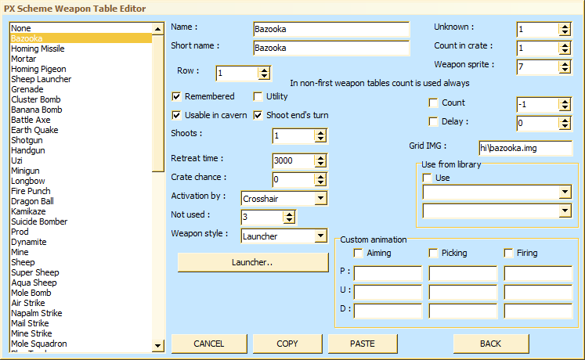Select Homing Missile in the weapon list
[38, 49]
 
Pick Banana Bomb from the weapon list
[37, 110]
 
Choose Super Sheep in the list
[35, 273]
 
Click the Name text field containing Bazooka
[331, 29]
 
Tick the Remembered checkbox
[176, 96]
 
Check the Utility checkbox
[258, 96]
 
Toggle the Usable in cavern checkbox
[176, 115]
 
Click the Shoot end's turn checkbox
[258, 115]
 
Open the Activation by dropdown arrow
[320, 198]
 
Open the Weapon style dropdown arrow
[320, 236]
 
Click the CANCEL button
[209, 344]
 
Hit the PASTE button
[363, 344]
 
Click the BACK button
[490, 344]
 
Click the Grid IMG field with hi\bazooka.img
[525, 148]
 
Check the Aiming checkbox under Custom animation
[358, 254]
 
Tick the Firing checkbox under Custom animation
[508, 254]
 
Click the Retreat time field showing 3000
[293, 160]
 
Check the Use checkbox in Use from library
[427, 178]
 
